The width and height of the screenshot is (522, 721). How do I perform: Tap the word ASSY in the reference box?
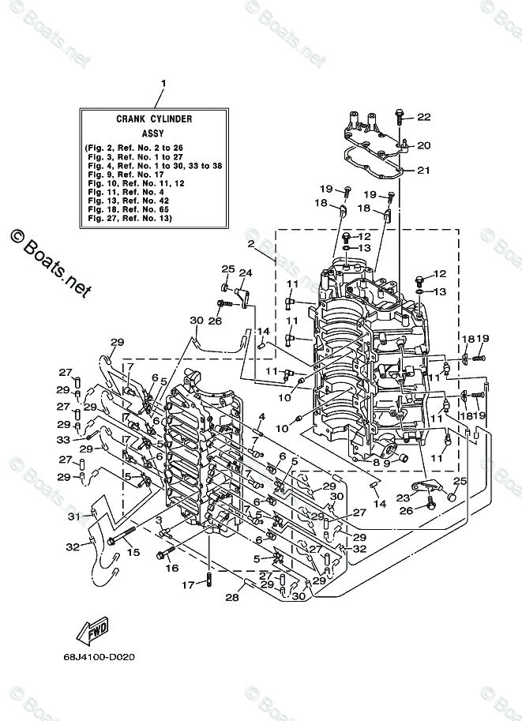click(154, 134)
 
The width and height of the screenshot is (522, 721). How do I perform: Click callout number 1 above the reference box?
click(163, 82)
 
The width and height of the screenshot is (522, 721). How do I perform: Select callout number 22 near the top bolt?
click(424, 117)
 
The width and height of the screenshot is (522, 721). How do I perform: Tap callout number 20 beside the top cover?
click(424, 145)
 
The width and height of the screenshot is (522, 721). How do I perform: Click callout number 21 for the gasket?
click(424, 170)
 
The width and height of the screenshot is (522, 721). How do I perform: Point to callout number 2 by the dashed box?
click(250, 244)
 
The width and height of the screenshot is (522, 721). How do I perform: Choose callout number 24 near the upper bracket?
click(245, 273)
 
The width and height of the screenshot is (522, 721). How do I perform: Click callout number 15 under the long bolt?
click(133, 552)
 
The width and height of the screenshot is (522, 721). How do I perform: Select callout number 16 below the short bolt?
click(171, 567)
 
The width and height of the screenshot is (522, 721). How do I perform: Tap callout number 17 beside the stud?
click(188, 585)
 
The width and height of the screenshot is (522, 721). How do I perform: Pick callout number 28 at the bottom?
click(231, 598)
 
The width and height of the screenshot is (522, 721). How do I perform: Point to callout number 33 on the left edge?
click(63, 439)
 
